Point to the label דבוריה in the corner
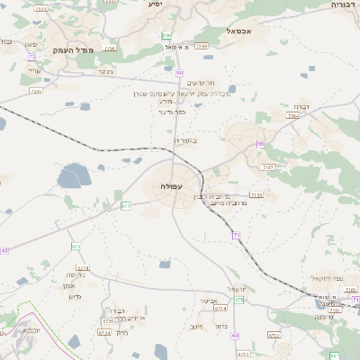click(x=344, y=5)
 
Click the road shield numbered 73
click(x=32, y=57)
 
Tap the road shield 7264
click(x=292, y=116)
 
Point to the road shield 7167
click(x=268, y=167)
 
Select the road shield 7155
click(x=256, y=194)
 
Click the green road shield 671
click(x=126, y=205)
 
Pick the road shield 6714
click(x=83, y=267)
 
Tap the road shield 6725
click(x=109, y=319)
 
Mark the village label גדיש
click(x=76, y=295)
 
